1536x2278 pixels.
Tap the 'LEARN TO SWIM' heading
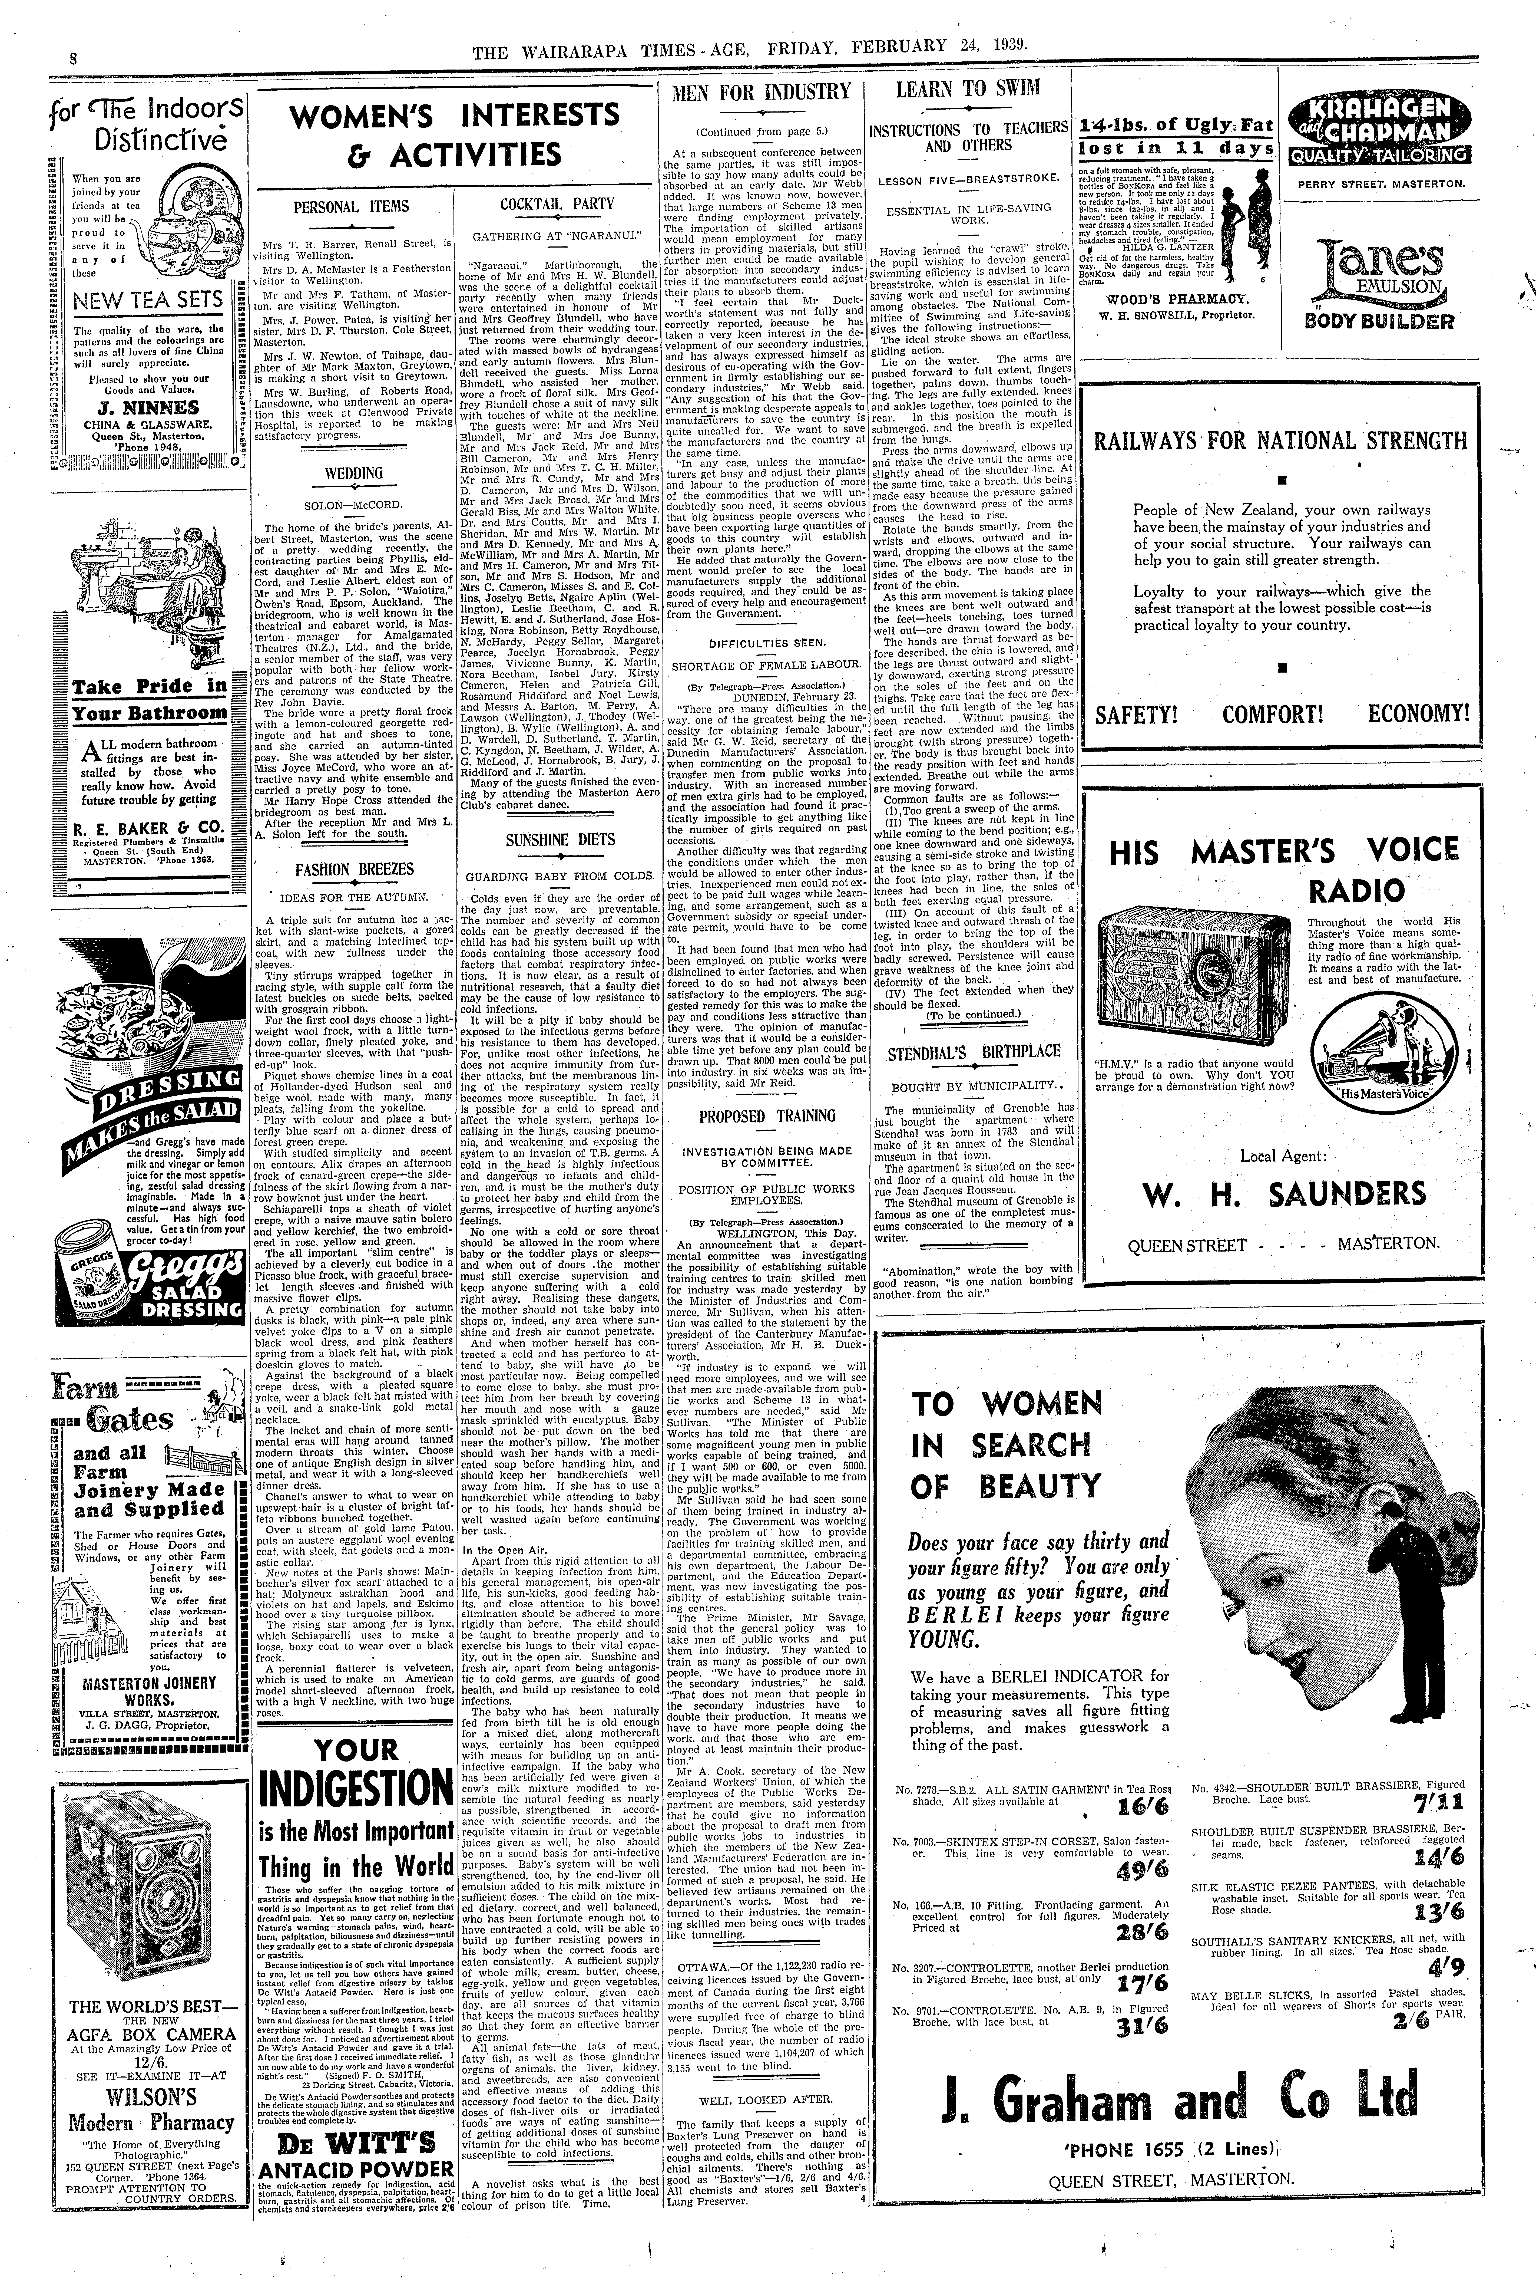968,89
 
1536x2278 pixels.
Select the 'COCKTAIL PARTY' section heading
557,204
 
